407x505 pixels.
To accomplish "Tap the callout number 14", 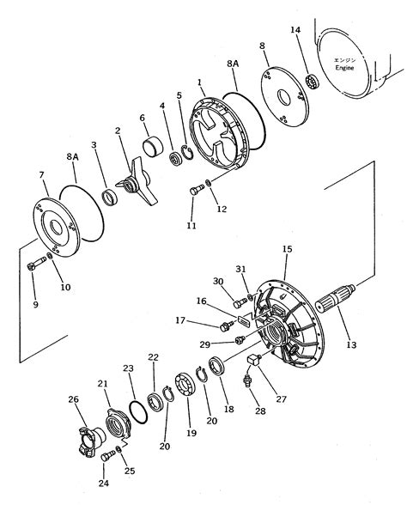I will (296, 30).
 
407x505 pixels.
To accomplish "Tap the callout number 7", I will (42, 176).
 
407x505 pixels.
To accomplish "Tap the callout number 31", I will (241, 271).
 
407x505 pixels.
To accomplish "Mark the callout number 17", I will (180, 322).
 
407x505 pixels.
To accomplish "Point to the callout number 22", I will (153, 356).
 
